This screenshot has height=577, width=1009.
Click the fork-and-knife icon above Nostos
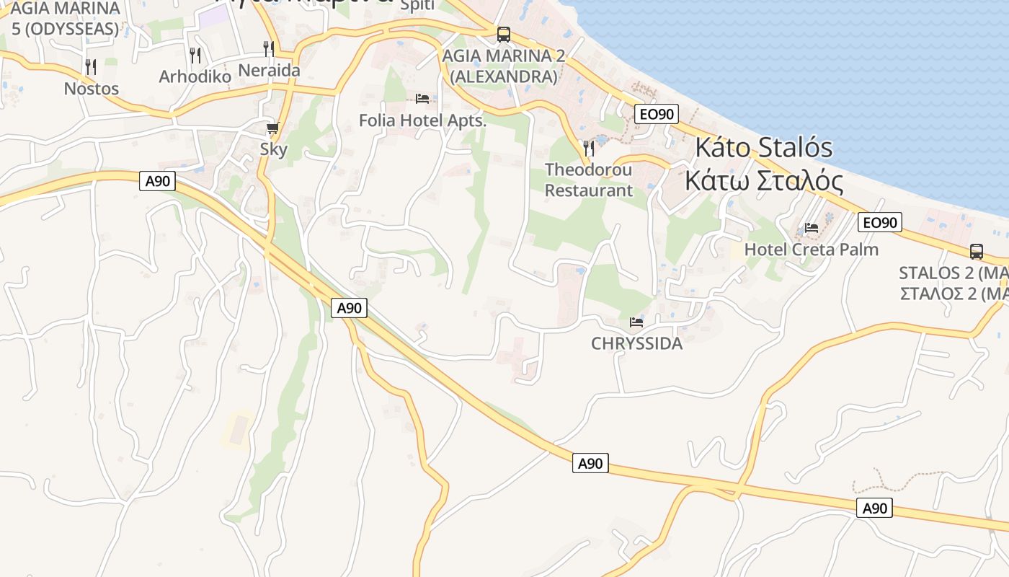(x=91, y=66)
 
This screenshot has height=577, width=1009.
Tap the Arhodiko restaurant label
(x=195, y=76)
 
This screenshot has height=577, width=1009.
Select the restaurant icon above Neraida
(x=269, y=49)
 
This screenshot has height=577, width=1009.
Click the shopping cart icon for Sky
(x=272, y=128)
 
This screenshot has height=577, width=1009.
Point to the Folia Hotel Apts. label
(x=423, y=120)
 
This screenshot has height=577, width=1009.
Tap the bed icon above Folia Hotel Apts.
(x=422, y=98)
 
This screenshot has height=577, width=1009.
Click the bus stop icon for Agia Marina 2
(x=503, y=34)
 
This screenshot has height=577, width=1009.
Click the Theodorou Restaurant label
(x=589, y=180)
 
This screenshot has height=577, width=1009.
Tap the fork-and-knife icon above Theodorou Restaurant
(x=589, y=149)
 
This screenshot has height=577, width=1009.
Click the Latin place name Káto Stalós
(x=763, y=148)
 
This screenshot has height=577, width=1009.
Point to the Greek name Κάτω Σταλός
(x=764, y=181)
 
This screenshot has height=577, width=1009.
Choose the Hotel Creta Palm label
(x=812, y=250)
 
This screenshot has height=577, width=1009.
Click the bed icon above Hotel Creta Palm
(x=812, y=228)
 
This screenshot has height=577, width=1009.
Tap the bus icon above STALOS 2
(x=977, y=252)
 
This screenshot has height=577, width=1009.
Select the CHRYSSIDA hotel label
(x=636, y=343)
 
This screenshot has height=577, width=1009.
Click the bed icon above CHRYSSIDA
(x=636, y=322)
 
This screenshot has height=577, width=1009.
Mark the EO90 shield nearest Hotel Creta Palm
(x=880, y=222)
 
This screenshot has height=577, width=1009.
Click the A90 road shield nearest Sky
(x=157, y=181)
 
